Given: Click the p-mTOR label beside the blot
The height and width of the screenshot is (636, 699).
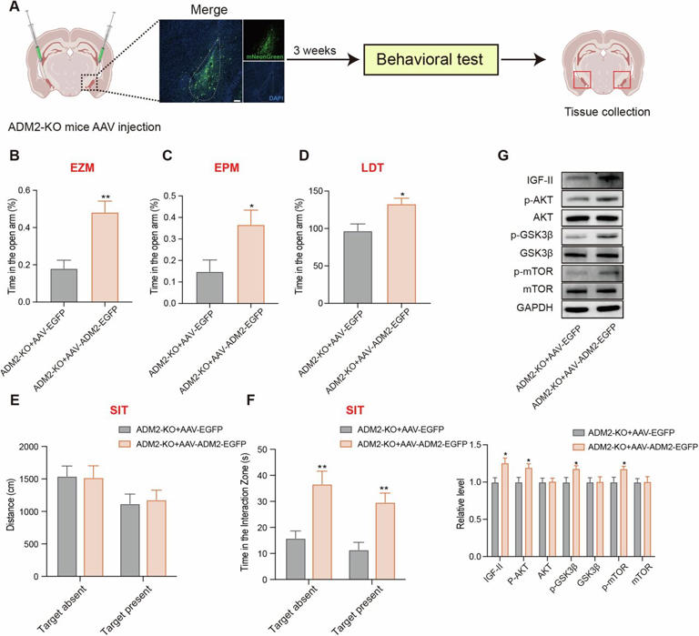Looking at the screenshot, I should [536, 268].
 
